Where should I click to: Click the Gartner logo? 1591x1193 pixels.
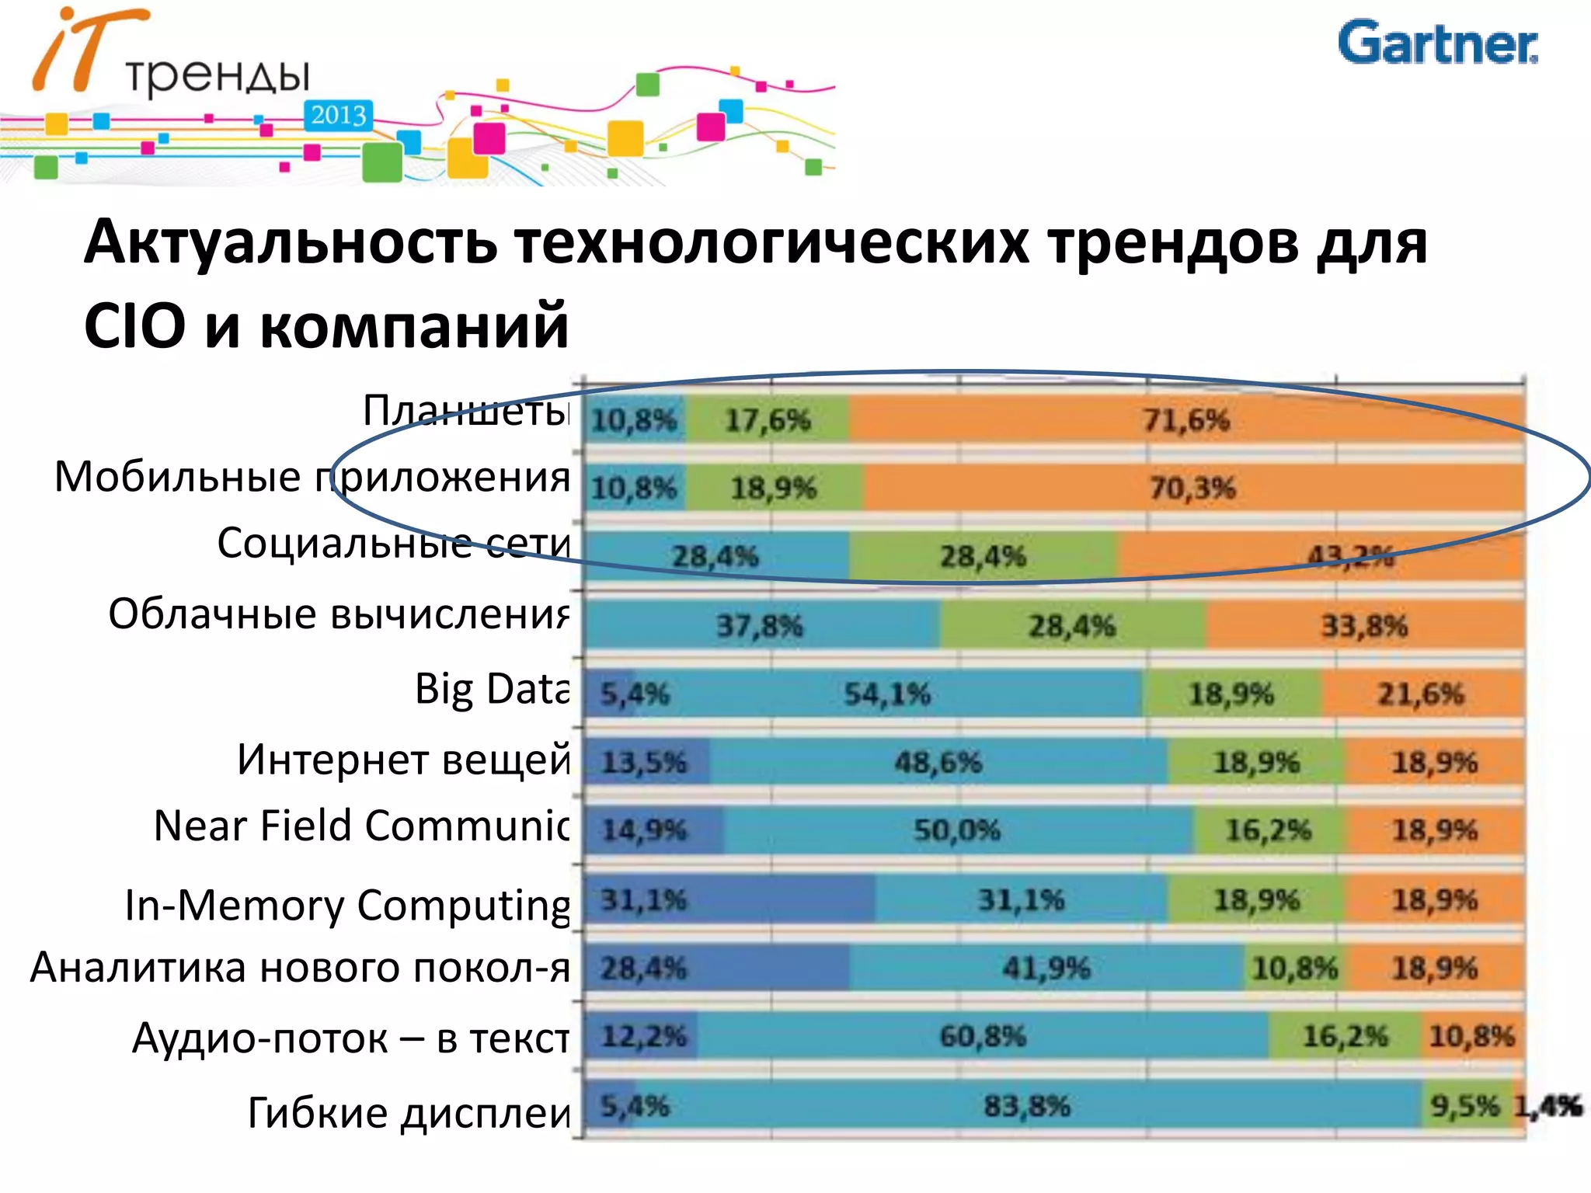click(x=1436, y=43)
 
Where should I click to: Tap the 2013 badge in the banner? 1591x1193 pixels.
click(x=338, y=116)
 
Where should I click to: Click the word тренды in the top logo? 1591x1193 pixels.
click(x=218, y=76)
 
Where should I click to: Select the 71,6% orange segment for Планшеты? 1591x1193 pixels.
click(x=1185, y=420)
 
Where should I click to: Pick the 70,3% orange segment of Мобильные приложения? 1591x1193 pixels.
click(x=1192, y=489)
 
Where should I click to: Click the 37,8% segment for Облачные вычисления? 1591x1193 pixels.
click(x=760, y=625)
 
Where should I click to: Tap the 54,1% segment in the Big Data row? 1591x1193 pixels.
click(x=887, y=694)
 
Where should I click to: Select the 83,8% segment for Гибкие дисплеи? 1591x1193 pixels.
click(x=1027, y=1106)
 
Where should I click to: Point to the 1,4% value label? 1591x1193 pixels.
click(x=1547, y=1106)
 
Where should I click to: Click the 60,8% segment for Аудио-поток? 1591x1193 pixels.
click(x=982, y=1036)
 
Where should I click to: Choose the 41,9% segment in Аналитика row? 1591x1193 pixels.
click(x=1046, y=969)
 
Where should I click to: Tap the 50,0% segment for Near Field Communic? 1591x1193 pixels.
click(x=956, y=830)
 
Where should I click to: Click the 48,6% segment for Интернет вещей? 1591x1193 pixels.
click(x=938, y=762)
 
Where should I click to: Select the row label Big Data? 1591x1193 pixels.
click(x=492, y=689)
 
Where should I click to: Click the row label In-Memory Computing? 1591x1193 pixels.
click(x=347, y=906)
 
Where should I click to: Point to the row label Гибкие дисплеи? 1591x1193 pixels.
click(x=409, y=1112)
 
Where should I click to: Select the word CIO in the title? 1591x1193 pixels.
click(x=134, y=326)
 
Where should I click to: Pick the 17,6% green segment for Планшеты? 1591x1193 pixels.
click(x=768, y=420)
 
